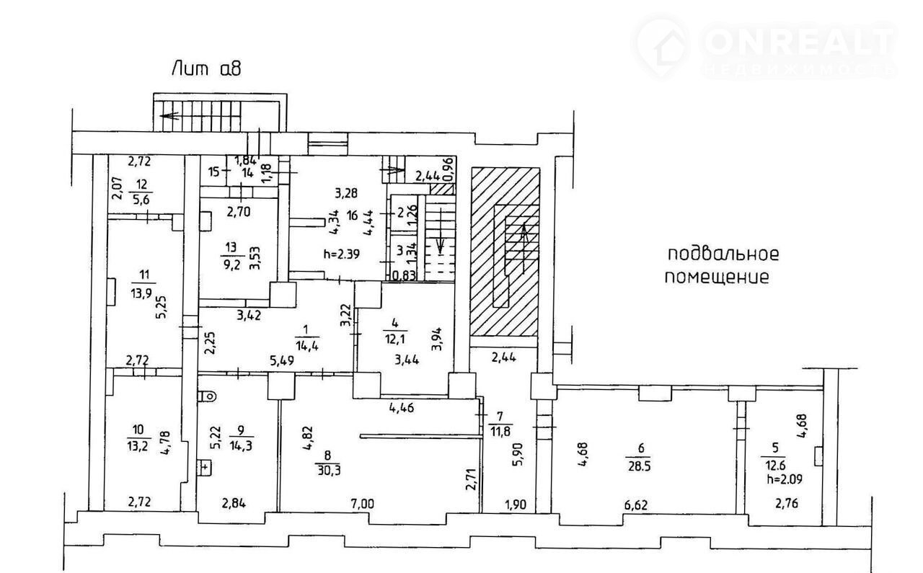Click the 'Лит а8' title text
click(206, 70)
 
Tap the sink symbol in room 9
click(206, 468)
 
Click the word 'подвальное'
click(723, 254)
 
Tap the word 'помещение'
click(717, 277)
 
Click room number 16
click(353, 215)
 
